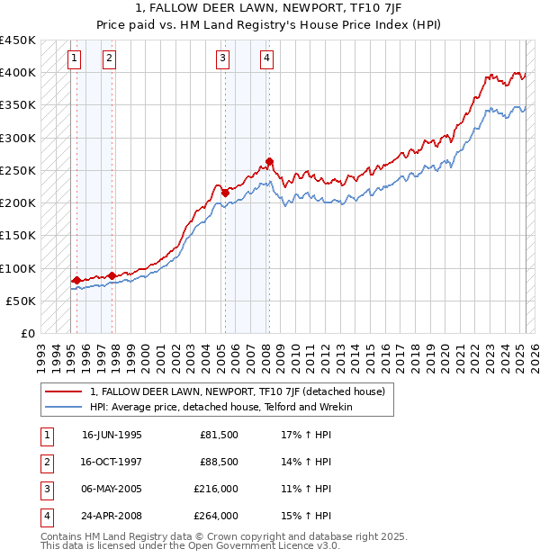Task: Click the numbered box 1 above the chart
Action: click(73, 59)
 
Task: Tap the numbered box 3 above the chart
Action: click(222, 59)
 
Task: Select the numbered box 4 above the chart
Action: click(267, 59)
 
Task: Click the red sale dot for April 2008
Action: click(269, 162)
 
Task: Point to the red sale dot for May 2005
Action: click(225, 193)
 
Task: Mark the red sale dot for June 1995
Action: click(76, 280)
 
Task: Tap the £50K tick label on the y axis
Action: click(22, 301)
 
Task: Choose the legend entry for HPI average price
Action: click(221, 407)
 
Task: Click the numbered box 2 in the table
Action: click(45, 463)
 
